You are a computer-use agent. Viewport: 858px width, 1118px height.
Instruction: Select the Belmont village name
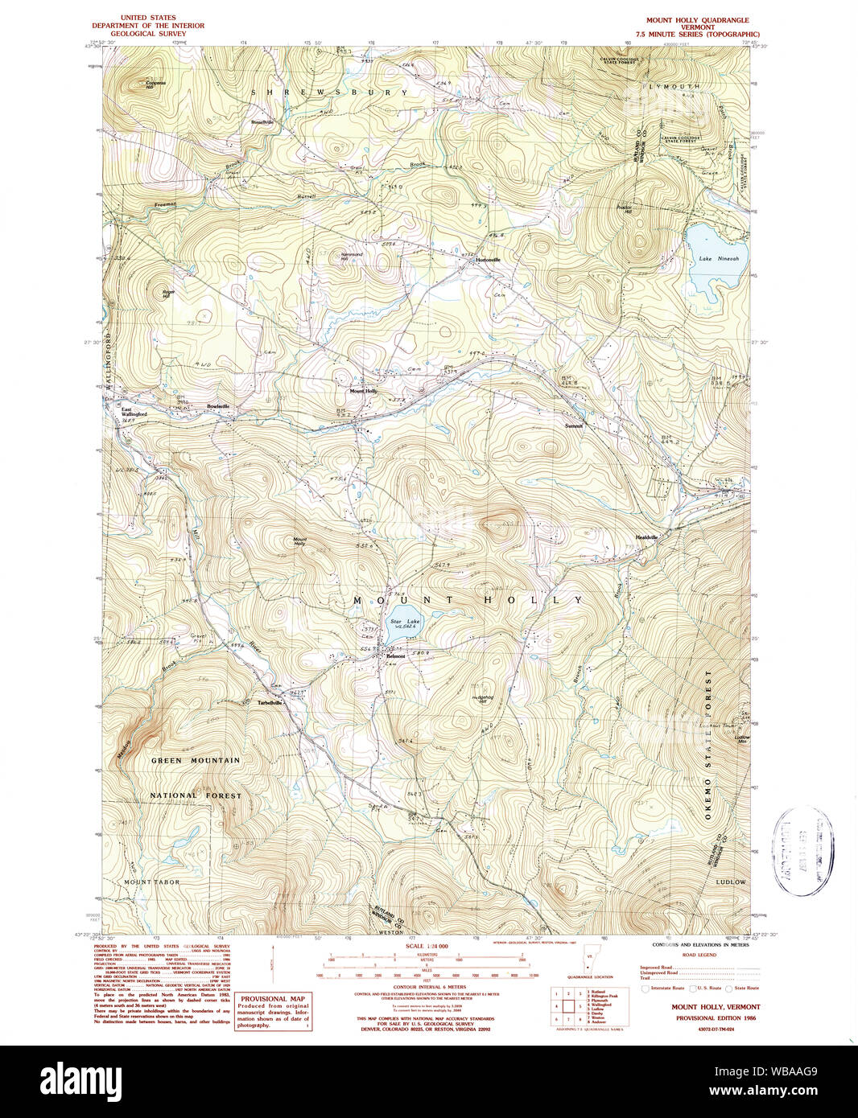click(395, 656)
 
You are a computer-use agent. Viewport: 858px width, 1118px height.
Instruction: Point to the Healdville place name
click(646, 537)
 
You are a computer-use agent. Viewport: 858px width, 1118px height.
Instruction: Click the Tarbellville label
click(270, 703)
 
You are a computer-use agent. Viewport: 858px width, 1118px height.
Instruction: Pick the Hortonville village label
click(488, 260)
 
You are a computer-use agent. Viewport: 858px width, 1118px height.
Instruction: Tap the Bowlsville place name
click(218, 407)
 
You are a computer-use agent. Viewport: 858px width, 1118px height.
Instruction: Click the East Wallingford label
click(134, 412)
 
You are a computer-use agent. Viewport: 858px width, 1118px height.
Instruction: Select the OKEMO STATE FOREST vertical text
click(709, 744)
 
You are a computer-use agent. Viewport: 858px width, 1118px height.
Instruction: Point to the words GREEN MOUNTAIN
click(196, 760)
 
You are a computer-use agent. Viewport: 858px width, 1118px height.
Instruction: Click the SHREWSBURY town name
click(329, 92)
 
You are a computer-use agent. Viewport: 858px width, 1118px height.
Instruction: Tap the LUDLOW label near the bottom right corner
click(731, 882)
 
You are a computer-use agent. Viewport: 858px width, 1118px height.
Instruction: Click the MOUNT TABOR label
click(152, 882)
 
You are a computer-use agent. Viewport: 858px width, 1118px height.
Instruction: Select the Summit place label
click(573, 425)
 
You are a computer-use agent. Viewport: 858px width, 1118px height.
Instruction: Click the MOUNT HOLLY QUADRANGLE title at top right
click(697, 20)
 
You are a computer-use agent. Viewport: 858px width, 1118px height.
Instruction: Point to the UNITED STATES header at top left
click(148, 17)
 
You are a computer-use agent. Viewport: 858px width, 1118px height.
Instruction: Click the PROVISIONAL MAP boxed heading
click(272, 999)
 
